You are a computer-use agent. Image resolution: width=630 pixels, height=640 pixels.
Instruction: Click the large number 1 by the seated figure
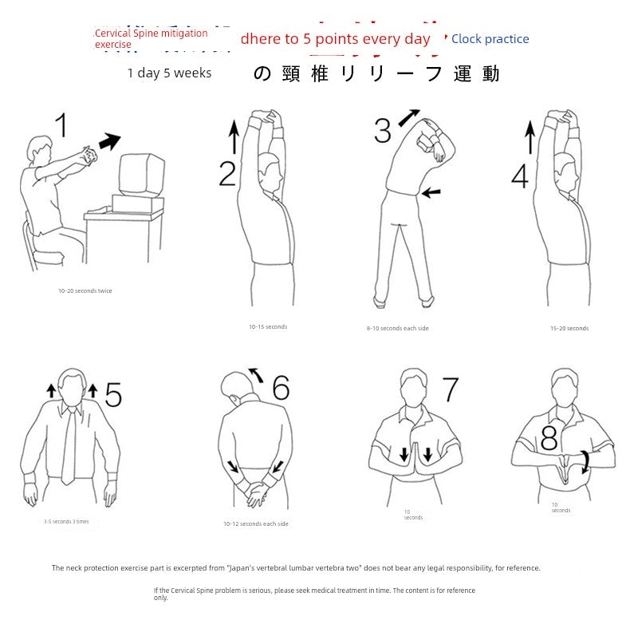pos(61,127)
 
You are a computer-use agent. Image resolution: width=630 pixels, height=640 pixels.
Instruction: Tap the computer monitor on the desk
pos(141,175)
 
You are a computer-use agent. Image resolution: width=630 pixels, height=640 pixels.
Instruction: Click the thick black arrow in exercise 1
pos(109,142)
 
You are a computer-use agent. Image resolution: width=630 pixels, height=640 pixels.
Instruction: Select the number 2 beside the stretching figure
pos(228,173)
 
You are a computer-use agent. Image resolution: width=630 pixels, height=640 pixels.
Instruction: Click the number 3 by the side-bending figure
pos(383,130)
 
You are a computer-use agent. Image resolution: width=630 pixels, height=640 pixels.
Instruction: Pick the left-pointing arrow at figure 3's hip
pos(431,192)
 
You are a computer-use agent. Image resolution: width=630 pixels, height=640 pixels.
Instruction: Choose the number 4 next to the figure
pos(520,176)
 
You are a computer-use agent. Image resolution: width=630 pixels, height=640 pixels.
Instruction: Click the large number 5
pos(113,395)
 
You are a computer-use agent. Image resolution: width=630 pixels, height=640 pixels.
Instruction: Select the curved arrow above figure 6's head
pos(256,373)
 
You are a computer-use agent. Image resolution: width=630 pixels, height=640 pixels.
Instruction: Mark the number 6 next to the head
pos(281,388)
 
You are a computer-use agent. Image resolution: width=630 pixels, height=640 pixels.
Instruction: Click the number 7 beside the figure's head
pos(451,390)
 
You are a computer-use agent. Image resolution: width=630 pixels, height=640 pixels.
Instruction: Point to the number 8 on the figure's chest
pos(549,439)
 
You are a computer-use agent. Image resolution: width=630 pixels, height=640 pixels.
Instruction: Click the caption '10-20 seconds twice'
pos(85,291)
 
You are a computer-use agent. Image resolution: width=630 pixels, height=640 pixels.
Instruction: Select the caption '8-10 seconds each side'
pos(397,329)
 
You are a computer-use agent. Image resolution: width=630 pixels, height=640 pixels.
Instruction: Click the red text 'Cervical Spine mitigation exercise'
pos(151,38)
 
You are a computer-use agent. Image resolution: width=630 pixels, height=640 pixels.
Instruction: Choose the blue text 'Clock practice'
pos(490,39)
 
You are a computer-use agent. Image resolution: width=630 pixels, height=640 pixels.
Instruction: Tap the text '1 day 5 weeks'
pos(169,73)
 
